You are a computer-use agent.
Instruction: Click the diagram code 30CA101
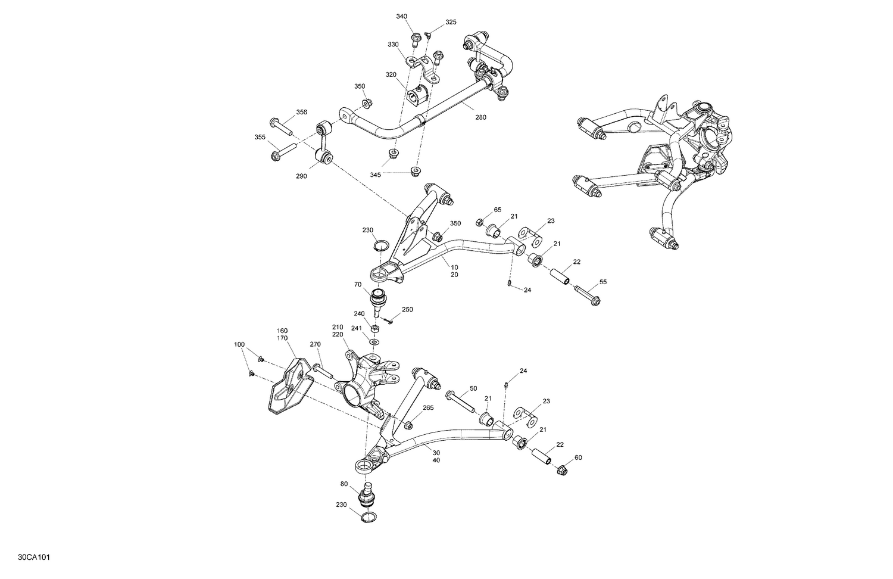coord(34,558)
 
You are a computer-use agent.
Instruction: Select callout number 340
coord(402,16)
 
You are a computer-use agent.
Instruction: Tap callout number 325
coord(451,22)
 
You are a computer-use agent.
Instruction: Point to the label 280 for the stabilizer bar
coord(480,117)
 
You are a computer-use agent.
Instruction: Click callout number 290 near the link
coord(301,176)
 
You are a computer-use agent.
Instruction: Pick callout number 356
coord(302,112)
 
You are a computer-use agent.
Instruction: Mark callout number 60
coord(578,457)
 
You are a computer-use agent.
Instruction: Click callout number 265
coord(428,408)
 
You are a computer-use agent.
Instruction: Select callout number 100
coord(239,345)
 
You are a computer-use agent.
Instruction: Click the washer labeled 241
coord(374,343)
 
